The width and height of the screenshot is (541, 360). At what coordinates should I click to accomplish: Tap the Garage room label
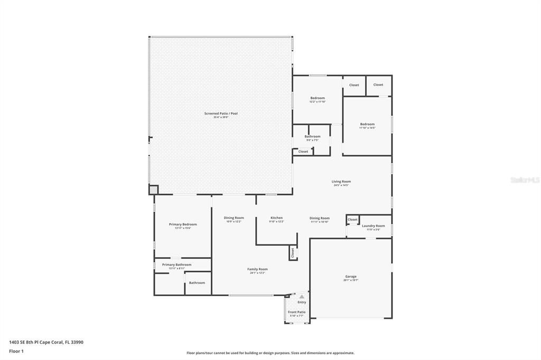coord(351,277)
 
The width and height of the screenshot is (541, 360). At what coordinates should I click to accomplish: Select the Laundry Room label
coord(373,226)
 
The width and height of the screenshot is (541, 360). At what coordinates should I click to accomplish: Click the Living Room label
coord(341,182)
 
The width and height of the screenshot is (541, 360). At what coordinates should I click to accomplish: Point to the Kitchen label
coord(276,218)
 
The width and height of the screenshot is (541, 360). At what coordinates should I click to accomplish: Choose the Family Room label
coord(257,269)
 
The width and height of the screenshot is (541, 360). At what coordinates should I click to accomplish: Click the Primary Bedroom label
coord(183,224)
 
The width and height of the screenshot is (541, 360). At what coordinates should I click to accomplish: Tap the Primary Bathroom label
coord(176,265)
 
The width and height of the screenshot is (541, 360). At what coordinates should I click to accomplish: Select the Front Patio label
coord(296,312)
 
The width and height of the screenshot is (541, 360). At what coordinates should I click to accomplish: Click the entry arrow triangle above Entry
coord(302,297)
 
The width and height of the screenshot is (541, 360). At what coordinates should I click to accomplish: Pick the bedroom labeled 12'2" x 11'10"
coord(318,98)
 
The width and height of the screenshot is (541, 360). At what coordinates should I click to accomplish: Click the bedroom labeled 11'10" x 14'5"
coord(367,125)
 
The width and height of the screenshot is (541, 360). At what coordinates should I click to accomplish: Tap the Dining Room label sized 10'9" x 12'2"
coord(234,218)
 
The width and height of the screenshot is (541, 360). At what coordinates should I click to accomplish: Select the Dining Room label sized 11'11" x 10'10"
coord(320,218)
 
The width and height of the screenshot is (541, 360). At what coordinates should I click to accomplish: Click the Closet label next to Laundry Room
coord(352,220)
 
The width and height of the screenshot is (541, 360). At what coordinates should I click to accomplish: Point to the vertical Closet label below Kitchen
coord(292,253)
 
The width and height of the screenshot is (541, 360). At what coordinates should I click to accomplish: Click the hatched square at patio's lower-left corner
coord(153,189)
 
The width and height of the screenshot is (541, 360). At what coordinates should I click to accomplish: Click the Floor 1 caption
coord(16,351)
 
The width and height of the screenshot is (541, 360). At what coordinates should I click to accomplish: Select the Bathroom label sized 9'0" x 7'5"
coord(312,137)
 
